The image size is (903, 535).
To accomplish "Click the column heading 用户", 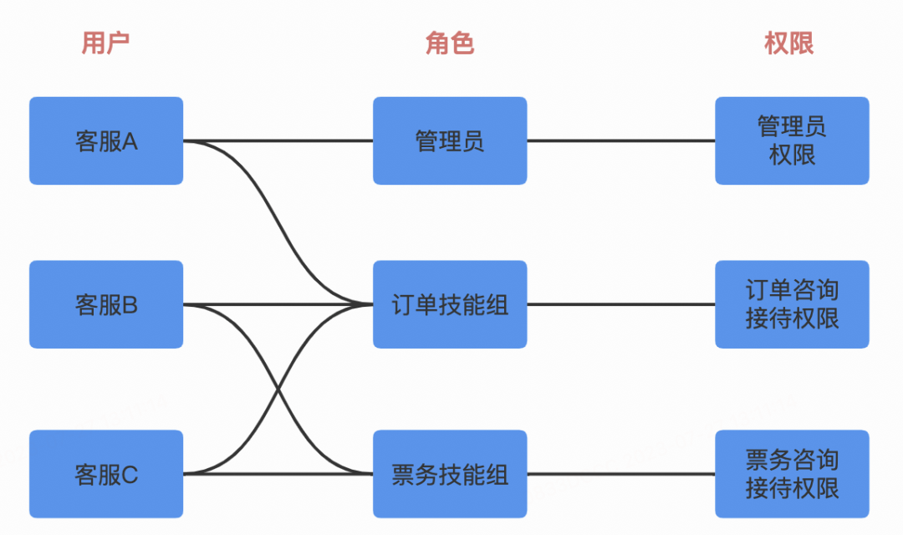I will click(x=105, y=43).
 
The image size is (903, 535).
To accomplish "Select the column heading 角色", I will click(x=450, y=43).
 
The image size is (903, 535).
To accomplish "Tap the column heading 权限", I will click(x=789, y=43).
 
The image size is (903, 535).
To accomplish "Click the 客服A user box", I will click(x=106, y=140).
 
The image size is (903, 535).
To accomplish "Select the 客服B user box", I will click(x=106, y=304).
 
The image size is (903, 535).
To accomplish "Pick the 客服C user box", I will click(x=106, y=474).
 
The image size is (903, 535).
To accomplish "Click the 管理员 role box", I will click(x=450, y=140).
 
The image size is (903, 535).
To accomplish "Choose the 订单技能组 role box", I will click(x=450, y=304).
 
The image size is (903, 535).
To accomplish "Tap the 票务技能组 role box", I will click(x=450, y=474).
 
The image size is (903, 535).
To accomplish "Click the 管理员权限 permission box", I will click(x=792, y=140).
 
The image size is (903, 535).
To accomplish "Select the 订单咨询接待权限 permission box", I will click(x=792, y=304).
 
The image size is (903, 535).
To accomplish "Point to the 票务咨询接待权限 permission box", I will click(x=792, y=474).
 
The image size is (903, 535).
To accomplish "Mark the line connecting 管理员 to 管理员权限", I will click(x=620, y=140).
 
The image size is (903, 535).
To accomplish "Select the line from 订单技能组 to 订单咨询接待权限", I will click(x=620, y=304).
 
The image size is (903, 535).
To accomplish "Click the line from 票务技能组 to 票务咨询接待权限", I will click(x=620, y=474).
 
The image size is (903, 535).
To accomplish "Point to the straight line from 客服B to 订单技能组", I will click(x=251, y=304).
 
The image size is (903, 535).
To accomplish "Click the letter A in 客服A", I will click(x=130, y=141).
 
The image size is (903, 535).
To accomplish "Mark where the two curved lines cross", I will click(x=278, y=389).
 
